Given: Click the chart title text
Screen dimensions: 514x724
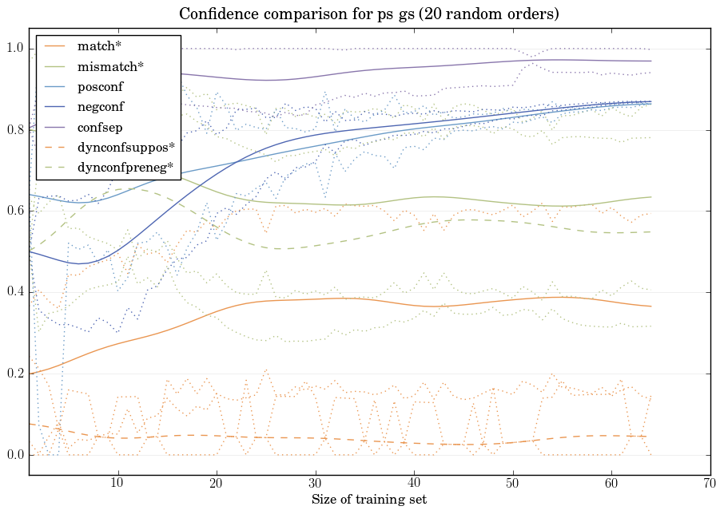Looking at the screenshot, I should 368,14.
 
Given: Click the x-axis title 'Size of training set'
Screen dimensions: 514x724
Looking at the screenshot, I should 368,500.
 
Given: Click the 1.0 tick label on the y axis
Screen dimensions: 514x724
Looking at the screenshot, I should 15,49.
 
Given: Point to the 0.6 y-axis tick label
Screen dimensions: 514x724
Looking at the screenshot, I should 15,212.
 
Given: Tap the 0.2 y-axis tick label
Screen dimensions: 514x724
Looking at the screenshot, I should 15,374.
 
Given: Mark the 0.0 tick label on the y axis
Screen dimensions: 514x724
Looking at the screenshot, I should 15,455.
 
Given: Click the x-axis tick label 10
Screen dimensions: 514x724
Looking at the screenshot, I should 117,483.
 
